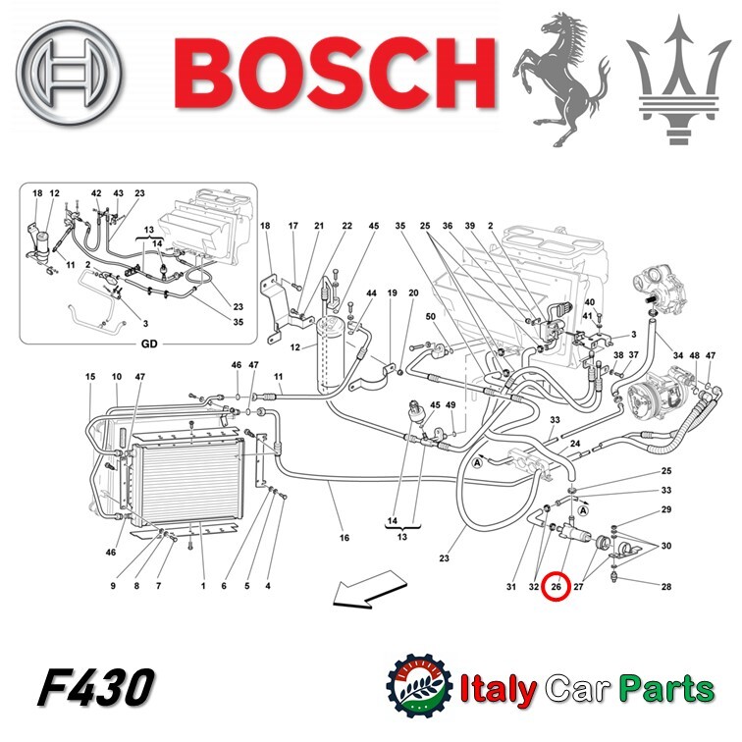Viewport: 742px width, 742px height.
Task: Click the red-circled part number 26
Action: tap(556, 586)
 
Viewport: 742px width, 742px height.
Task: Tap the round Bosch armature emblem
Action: tap(69, 73)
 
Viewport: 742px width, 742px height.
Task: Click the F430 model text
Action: tap(95, 687)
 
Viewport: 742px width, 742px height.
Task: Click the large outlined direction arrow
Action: tap(370, 589)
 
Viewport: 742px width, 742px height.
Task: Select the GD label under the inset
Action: tap(149, 344)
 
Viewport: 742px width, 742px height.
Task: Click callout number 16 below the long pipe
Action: tap(344, 538)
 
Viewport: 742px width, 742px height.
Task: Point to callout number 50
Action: tap(430, 316)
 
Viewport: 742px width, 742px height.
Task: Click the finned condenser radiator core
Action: tap(188, 483)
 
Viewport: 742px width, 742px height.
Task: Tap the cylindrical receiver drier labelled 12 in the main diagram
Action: tap(327, 355)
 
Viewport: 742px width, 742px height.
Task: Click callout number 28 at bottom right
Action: tap(665, 587)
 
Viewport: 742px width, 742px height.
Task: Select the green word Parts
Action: tap(666, 690)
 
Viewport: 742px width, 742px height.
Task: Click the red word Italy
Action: tap(498, 690)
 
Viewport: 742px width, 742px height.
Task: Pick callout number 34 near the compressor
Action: tap(677, 355)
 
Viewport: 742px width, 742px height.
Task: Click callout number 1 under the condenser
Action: tap(203, 586)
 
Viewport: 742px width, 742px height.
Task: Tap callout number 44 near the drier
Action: tap(371, 293)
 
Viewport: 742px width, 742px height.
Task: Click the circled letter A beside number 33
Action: tap(583, 510)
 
